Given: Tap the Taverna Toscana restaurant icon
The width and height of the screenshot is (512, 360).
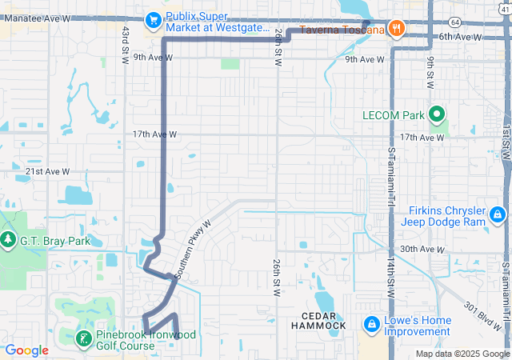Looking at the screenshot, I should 397,30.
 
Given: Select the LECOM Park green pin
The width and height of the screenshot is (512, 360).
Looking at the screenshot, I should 437,115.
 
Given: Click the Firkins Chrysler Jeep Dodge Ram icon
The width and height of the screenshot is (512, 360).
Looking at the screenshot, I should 497,214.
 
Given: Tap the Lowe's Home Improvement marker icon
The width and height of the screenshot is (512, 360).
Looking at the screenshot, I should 371,324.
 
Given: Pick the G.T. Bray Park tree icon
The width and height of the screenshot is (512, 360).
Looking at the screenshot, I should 7,239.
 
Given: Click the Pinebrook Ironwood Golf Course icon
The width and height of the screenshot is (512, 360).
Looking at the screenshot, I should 83,339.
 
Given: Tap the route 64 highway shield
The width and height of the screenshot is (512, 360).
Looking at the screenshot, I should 454,21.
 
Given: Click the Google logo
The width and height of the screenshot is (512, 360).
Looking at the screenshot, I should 27,350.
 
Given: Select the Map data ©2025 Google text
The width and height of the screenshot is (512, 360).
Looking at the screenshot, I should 462,354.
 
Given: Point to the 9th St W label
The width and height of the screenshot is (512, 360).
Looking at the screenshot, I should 430,71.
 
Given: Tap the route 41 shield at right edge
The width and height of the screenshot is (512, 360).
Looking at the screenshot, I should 507,157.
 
